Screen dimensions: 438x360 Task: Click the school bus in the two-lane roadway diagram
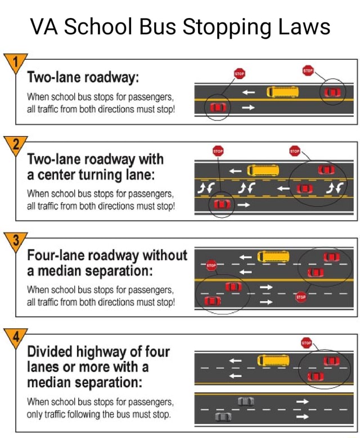click(282, 91)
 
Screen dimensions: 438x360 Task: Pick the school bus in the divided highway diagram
click(273, 360)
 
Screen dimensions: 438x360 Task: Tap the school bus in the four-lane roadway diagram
click(273, 257)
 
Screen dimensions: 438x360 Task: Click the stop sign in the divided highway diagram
click(306, 342)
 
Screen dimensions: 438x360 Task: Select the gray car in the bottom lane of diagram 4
click(223, 417)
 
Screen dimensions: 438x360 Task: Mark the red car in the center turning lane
click(304, 188)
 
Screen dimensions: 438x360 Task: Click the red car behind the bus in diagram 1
click(332, 91)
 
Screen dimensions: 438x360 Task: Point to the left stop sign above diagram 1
click(239, 74)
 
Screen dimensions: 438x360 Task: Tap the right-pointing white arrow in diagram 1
click(248, 107)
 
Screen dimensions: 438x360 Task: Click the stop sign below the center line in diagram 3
click(301, 297)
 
